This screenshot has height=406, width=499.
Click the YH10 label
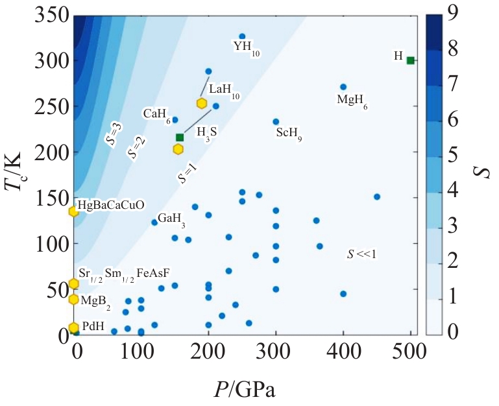coord(246,47)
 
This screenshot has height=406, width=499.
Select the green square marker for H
coord(410,60)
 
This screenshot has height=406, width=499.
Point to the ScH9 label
coord(289,134)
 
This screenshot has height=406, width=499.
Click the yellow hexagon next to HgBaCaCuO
coord(73,211)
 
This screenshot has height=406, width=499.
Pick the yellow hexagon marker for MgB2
coord(73,299)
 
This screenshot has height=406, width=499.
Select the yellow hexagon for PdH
coord(73,328)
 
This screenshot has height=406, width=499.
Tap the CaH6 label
coord(156,115)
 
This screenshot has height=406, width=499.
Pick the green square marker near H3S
coord(180,137)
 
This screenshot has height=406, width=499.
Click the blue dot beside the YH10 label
coord(242,36)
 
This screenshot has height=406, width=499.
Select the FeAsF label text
coord(154,272)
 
